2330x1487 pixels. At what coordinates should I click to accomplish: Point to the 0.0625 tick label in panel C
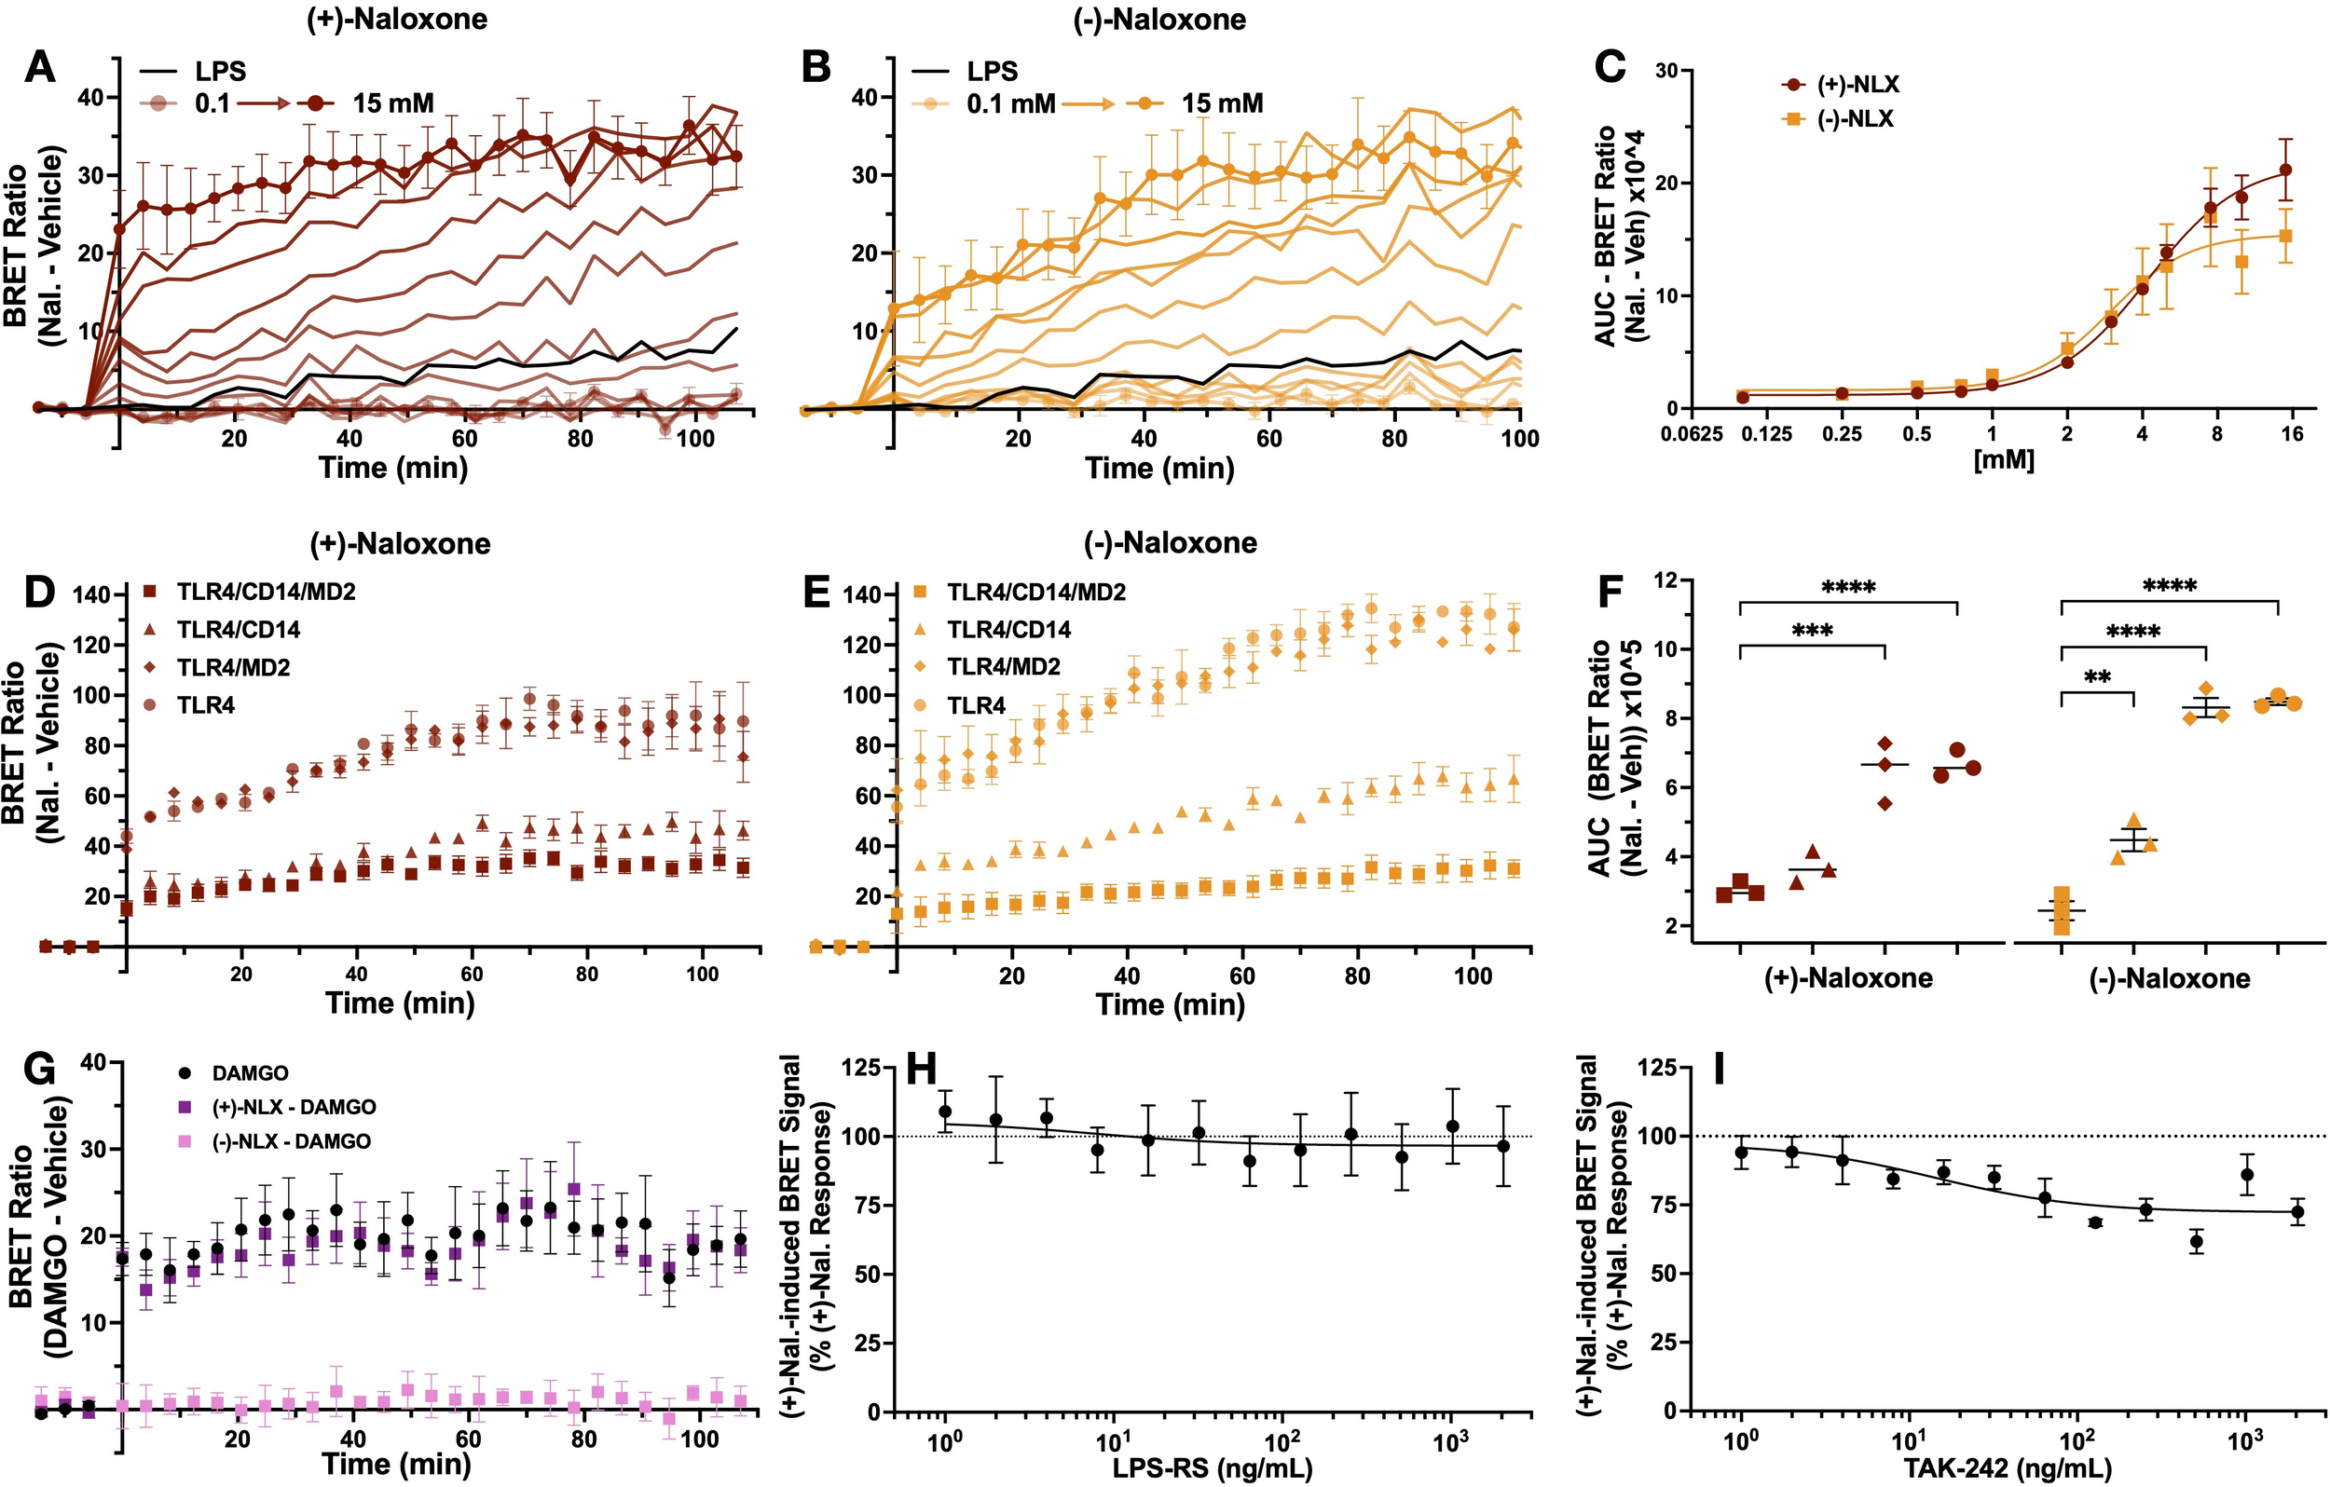coord(1692,434)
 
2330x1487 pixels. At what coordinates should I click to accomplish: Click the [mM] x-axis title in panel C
coord(2004,459)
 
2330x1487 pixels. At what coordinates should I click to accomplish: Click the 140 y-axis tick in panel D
coord(91,594)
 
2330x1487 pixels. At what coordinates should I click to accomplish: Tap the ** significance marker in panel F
coord(2097,677)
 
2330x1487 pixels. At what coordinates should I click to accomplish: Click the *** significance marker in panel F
coord(1813,632)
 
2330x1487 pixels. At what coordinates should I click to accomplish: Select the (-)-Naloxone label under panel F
coord(2170,978)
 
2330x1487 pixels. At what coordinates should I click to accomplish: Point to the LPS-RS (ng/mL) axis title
coord(1213,1468)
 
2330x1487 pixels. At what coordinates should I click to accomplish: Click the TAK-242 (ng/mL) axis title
coord(2008,1468)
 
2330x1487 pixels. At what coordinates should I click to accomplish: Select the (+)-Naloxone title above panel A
coord(397,20)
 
